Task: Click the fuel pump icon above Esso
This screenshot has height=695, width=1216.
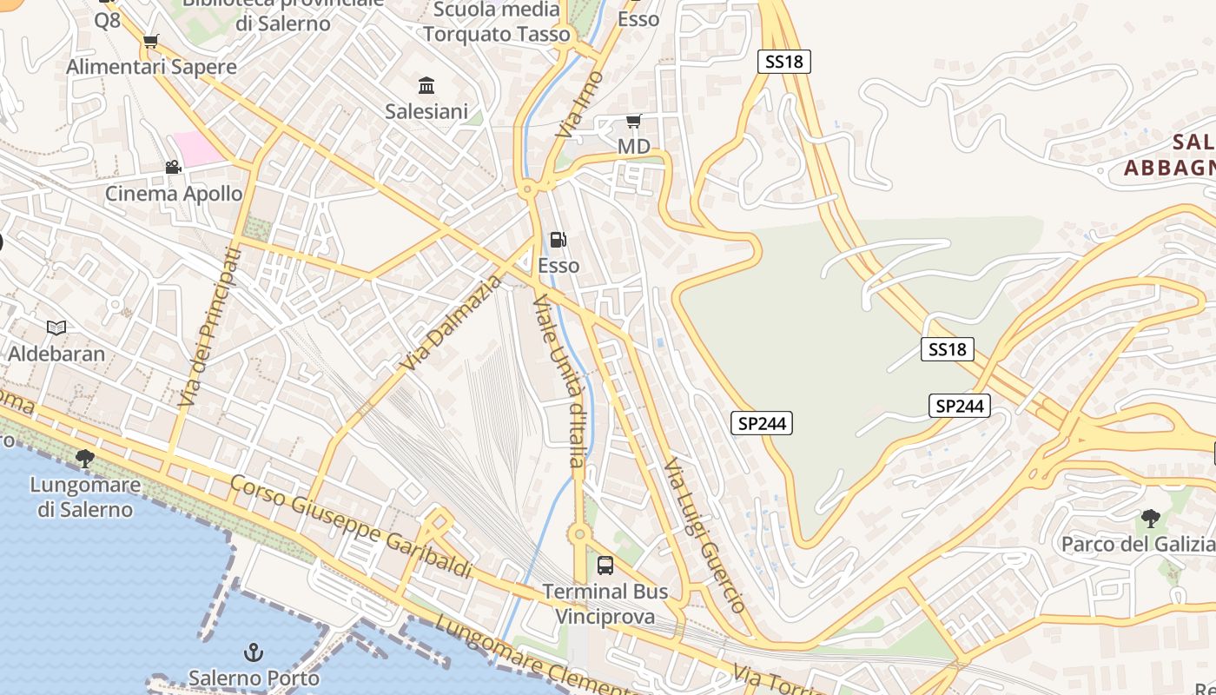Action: click(x=558, y=240)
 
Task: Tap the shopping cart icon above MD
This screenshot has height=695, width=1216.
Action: click(x=634, y=121)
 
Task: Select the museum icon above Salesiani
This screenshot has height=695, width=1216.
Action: click(x=426, y=85)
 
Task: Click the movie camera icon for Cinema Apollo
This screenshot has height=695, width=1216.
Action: click(x=173, y=167)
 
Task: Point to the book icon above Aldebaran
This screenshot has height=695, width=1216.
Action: click(x=56, y=328)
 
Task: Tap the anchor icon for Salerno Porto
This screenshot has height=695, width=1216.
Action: click(x=254, y=652)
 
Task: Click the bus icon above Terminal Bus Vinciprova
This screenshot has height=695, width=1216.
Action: click(x=605, y=566)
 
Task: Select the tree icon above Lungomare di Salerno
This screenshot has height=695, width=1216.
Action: click(x=84, y=458)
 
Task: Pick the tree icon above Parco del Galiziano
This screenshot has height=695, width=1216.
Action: click(x=1151, y=519)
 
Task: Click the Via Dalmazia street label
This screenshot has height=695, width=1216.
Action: click(x=452, y=323)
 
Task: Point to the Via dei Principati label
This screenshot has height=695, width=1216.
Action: click(x=208, y=327)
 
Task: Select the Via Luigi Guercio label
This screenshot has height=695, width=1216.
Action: click(x=704, y=536)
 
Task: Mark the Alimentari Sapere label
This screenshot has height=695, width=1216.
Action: click(x=151, y=67)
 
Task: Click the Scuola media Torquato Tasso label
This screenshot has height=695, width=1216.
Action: click(x=497, y=22)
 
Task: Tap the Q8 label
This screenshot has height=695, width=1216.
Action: click(x=107, y=20)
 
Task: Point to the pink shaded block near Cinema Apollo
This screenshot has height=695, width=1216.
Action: click(x=198, y=148)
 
